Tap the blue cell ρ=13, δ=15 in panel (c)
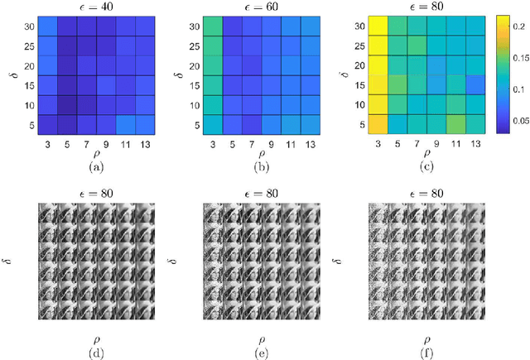(475, 85)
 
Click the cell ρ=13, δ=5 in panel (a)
(146, 124)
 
